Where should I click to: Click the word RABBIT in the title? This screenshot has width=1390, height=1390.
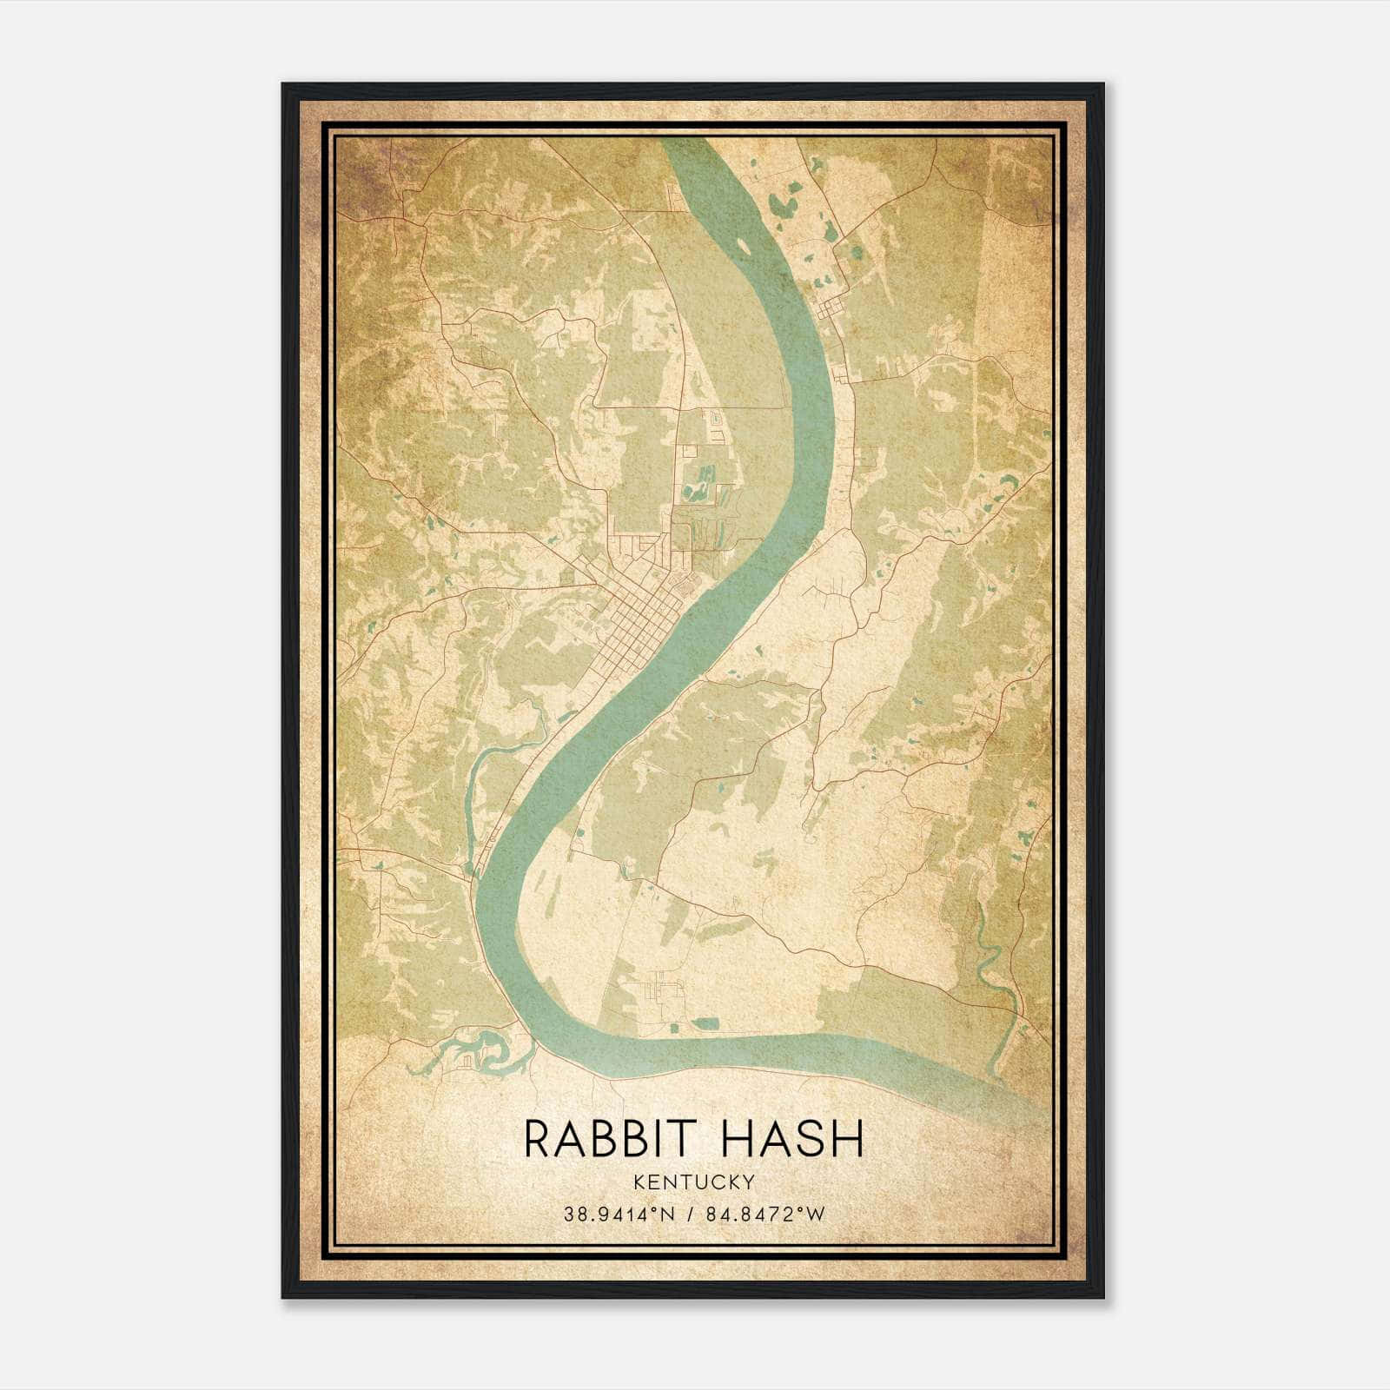605,1139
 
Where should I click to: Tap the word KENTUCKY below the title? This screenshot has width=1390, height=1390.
694,1181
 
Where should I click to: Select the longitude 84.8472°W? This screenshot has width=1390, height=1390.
766,1215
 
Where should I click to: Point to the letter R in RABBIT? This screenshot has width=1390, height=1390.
536,1139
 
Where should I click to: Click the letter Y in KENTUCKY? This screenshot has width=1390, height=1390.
748,1181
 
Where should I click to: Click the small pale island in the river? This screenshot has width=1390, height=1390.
744,246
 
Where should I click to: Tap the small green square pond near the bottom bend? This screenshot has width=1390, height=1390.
708,1024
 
